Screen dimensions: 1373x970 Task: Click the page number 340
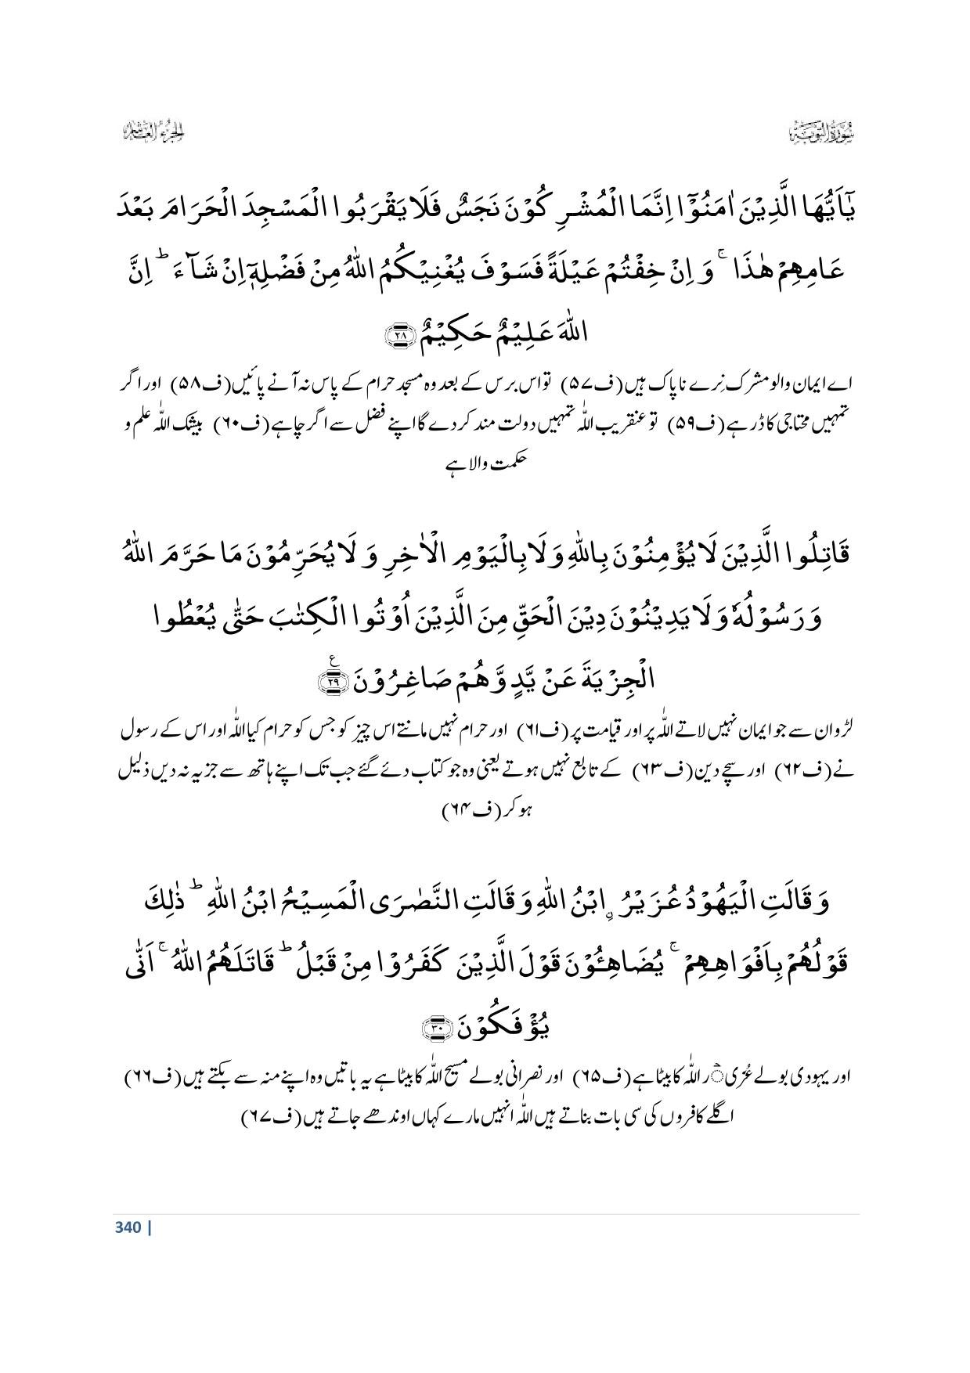[127, 1227]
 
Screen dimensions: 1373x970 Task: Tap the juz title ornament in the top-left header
[150, 132]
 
